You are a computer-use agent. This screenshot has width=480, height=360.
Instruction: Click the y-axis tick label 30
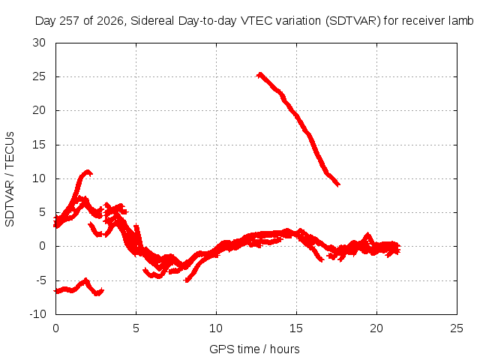pyautogui.click(x=39, y=43)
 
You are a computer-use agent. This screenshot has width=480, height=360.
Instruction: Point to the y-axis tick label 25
pyautogui.click(x=39, y=76)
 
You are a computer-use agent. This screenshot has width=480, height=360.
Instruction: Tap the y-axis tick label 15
pyautogui.click(x=39, y=145)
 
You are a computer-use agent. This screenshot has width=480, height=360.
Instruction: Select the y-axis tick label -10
pyautogui.click(x=37, y=314)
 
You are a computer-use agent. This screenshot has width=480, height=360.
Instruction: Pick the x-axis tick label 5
pyautogui.click(x=136, y=328)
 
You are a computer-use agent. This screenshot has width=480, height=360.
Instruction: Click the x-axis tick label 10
pyautogui.click(x=216, y=328)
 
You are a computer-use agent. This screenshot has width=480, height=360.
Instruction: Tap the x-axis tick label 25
pyautogui.click(x=457, y=328)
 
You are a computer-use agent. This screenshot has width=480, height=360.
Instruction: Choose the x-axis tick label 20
pyautogui.click(x=376, y=328)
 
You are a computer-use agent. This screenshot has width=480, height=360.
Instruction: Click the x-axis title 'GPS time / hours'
pyautogui.click(x=254, y=349)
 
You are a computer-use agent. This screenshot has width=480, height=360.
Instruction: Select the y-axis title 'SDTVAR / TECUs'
pyautogui.click(x=10, y=179)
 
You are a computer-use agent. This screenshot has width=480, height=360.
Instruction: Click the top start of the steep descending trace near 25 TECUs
pyautogui.click(x=259, y=75)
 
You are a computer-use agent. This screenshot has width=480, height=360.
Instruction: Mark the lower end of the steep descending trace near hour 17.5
pyautogui.click(x=338, y=184)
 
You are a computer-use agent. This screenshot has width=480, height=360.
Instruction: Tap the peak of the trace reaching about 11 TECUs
pyautogui.click(x=88, y=172)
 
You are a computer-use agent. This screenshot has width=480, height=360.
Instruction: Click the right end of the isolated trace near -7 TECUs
pyautogui.click(x=103, y=291)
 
